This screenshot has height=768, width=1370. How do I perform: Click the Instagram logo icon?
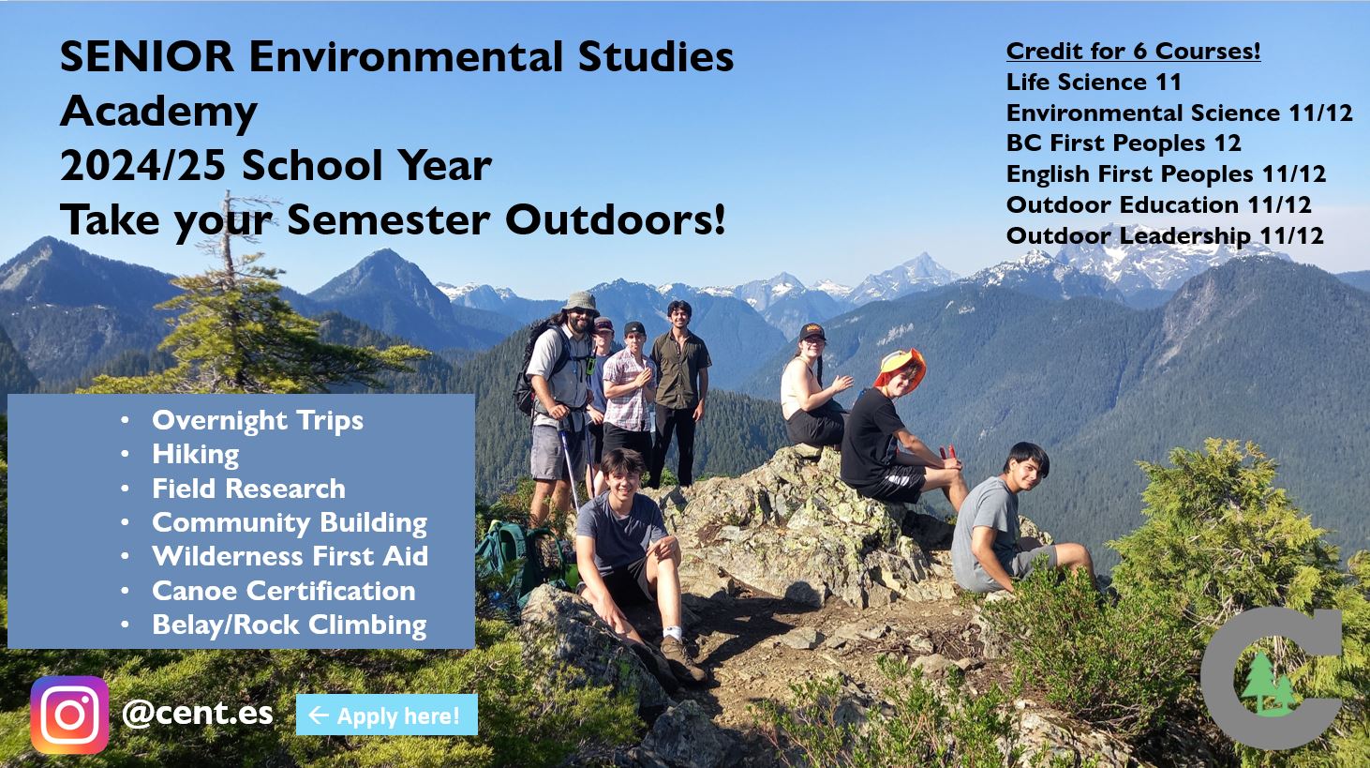coord(69,715)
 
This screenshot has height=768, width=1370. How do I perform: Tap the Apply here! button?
coord(386,715)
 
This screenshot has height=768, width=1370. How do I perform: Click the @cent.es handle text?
coord(198,713)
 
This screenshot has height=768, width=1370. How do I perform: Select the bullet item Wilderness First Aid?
coord(290,556)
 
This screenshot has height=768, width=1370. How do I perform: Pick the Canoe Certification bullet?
coord(283,591)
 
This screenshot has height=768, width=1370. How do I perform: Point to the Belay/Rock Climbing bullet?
coord(289,625)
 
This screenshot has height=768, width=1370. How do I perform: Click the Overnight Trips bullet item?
coord(258,420)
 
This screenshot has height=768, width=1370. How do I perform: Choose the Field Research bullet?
coord(248,489)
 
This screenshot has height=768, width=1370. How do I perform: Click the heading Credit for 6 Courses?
coord(1133,51)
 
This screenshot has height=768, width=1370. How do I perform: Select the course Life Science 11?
coord(1094,82)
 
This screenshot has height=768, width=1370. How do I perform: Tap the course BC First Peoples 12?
coord(1123,143)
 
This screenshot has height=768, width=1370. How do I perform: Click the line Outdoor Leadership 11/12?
coord(1165,235)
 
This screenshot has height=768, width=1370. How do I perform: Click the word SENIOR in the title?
coord(147,57)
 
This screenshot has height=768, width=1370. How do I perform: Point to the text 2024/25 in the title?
coord(141,166)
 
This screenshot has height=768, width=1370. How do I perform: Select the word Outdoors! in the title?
coord(616,220)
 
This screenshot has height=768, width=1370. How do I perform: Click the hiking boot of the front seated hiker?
coord(681,660)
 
